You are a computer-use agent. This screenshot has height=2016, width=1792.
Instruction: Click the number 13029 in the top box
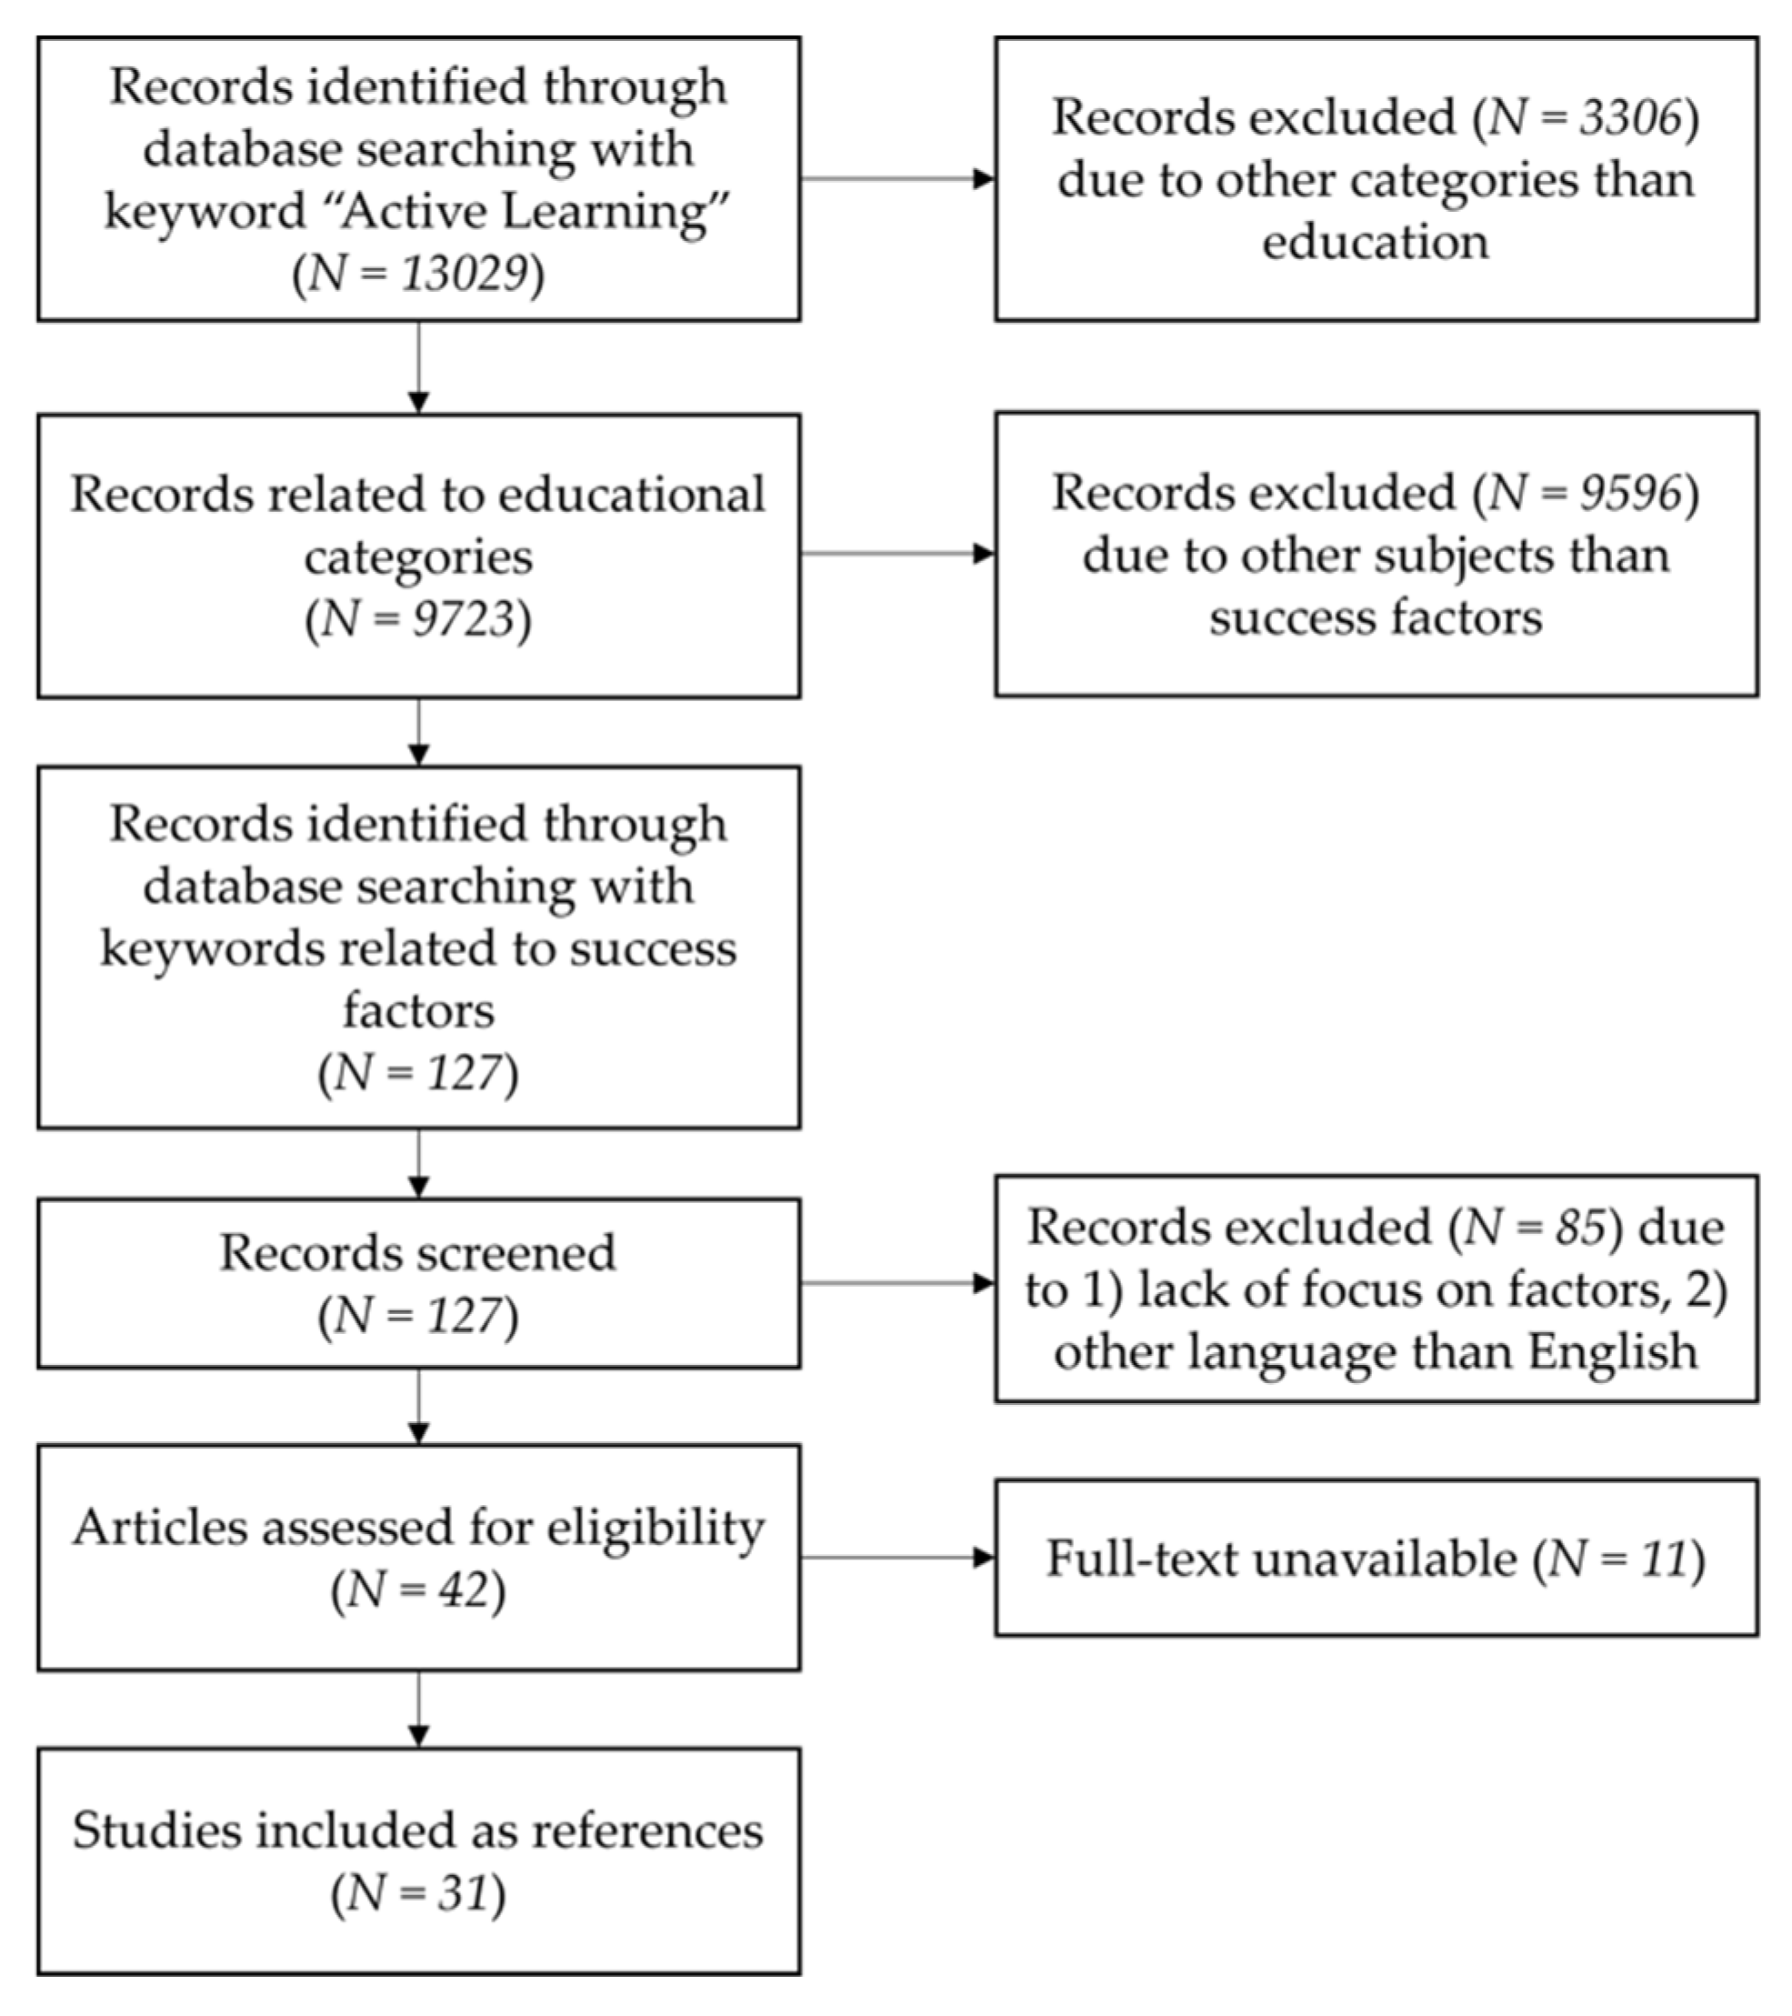click(x=464, y=273)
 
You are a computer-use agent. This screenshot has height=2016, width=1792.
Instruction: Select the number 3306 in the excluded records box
click(x=1629, y=117)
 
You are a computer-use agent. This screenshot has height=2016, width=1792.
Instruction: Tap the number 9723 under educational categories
click(x=464, y=619)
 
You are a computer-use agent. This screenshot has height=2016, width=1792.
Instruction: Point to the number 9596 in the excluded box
click(x=1629, y=493)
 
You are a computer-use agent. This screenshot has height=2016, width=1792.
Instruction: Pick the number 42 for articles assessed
click(x=464, y=1589)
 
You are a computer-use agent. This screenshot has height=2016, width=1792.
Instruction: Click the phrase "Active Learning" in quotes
click(x=523, y=211)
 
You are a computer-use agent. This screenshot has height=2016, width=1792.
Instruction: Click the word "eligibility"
click(x=656, y=1528)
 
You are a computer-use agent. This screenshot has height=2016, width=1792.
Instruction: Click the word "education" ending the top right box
click(x=1375, y=242)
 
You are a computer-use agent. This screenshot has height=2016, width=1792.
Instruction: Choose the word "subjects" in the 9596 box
click(x=1466, y=556)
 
